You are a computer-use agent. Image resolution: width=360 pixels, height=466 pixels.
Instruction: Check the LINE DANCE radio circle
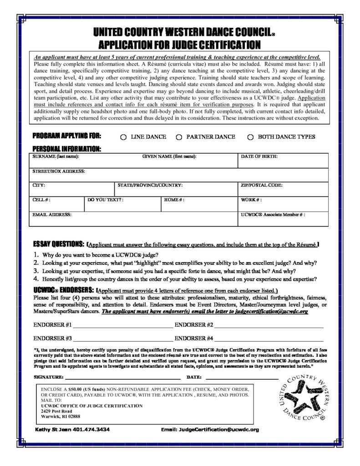tap(123, 137)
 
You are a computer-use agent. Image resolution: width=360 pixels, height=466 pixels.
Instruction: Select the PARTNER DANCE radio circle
tap(179, 137)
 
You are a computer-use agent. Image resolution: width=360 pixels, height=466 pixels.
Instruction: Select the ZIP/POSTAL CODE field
tap(283, 189)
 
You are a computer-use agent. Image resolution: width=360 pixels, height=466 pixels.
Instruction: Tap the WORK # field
tap(283, 203)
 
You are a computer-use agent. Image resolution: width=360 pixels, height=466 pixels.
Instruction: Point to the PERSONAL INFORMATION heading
tap(66, 149)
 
